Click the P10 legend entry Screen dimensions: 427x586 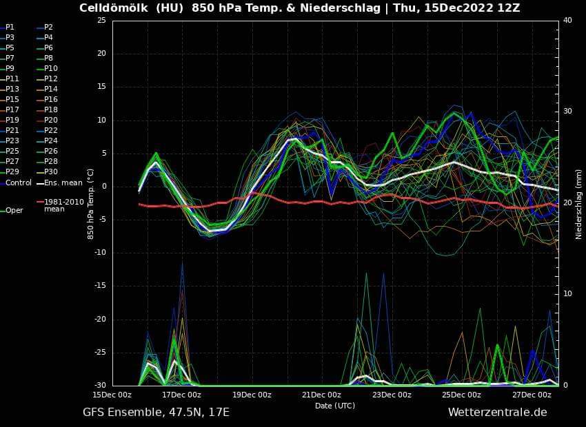click(x=50, y=68)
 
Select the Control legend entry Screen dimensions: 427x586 click(x=19, y=183)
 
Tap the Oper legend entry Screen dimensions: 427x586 click(x=14, y=211)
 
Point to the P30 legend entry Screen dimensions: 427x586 click(x=50, y=171)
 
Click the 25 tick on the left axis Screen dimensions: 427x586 click(x=101, y=20)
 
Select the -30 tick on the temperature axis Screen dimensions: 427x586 click(x=99, y=385)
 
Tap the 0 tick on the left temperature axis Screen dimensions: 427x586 click(x=103, y=186)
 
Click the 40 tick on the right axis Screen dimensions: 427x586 click(x=567, y=20)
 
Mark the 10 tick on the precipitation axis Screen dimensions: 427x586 click(x=567, y=294)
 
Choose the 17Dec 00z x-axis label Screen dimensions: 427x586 click(x=181, y=395)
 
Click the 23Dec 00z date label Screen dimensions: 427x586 click(x=392, y=395)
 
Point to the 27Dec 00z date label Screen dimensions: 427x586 click(x=532, y=395)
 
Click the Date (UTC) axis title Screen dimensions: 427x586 click(x=335, y=406)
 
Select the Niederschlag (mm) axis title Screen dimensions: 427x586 click(x=579, y=203)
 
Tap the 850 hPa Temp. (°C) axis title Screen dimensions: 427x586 click(x=90, y=203)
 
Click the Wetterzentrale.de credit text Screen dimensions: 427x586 click(x=497, y=413)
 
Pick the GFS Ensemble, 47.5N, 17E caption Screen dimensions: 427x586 click(x=156, y=413)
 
